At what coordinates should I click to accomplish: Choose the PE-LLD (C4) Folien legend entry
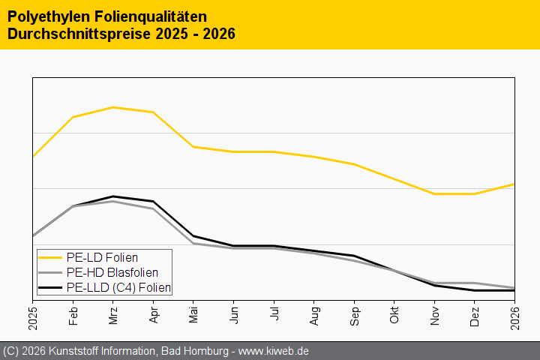pyautogui.click(x=118, y=287)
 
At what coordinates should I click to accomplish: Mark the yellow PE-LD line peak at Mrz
pyautogui.click(x=113, y=107)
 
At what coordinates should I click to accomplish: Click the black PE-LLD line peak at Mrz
pyautogui.click(x=113, y=196)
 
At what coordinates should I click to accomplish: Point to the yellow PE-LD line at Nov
pyautogui.click(x=434, y=193)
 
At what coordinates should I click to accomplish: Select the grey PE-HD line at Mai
pyautogui.click(x=193, y=243)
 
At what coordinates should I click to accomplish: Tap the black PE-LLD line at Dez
pyautogui.click(x=475, y=290)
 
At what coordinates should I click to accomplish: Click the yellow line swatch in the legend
pyautogui.click(x=51, y=258)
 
